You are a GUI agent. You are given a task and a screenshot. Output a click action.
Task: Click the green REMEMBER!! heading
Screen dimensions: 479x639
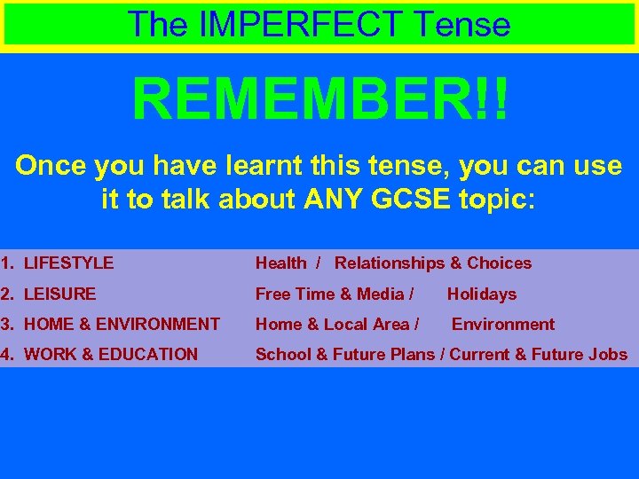[x=320, y=99]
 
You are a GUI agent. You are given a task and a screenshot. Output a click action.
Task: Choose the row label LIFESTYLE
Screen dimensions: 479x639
[x=68, y=263]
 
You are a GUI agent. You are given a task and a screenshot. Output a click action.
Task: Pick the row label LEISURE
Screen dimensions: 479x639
[x=59, y=294]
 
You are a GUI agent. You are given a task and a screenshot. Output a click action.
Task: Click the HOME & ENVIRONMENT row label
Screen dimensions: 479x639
[x=122, y=324]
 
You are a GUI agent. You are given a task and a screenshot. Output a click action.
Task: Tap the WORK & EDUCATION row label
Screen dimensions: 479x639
[x=111, y=354]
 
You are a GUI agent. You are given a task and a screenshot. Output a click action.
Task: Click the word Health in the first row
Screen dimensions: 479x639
[x=280, y=263]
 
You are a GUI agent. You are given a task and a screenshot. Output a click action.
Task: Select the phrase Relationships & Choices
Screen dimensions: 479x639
[x=433, y=263]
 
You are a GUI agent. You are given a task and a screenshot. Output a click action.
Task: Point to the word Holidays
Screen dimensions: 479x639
[x=481, y=294]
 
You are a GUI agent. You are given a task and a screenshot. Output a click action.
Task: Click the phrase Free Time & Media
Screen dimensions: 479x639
[x=329, y=294]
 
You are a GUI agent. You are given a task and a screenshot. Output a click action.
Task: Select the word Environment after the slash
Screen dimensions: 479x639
[x=503, y=324]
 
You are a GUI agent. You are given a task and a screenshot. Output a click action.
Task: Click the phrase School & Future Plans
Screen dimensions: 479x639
[x=345, y=354]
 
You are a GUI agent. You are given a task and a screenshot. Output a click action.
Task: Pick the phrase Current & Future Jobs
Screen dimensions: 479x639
[x=539, y=354]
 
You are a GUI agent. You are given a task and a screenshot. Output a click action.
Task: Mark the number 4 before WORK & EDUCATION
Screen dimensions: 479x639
[x=5, y=354]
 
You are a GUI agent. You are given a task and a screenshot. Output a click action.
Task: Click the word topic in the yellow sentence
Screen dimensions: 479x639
[x=498, y=199]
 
